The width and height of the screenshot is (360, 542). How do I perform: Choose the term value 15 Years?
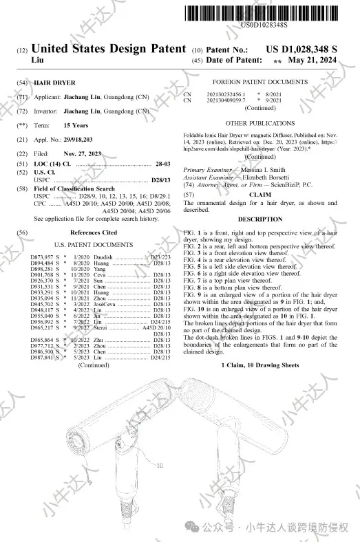pos(76,126)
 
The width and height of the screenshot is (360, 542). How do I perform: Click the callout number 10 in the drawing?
pos(160,466)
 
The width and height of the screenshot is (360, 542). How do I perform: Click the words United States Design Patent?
pos(109,50)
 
